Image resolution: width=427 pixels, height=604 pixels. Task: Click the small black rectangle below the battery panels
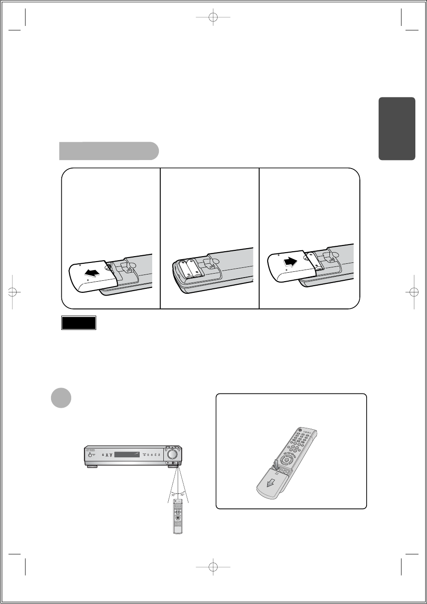(x=79, y=323)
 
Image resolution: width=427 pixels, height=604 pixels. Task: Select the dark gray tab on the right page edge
(x=397, y=128)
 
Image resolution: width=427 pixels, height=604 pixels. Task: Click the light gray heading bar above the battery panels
(x=109, y=151)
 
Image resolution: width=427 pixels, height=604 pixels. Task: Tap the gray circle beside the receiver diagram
(x=61, y=397)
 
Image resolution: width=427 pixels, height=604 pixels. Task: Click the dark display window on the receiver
(x=128, y=455)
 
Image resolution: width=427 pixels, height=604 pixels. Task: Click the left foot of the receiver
(x=93, y=467)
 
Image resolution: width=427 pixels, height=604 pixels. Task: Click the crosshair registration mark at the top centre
(x=213, y=17)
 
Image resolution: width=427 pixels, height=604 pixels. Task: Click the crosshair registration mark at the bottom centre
(x=213, y=567)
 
